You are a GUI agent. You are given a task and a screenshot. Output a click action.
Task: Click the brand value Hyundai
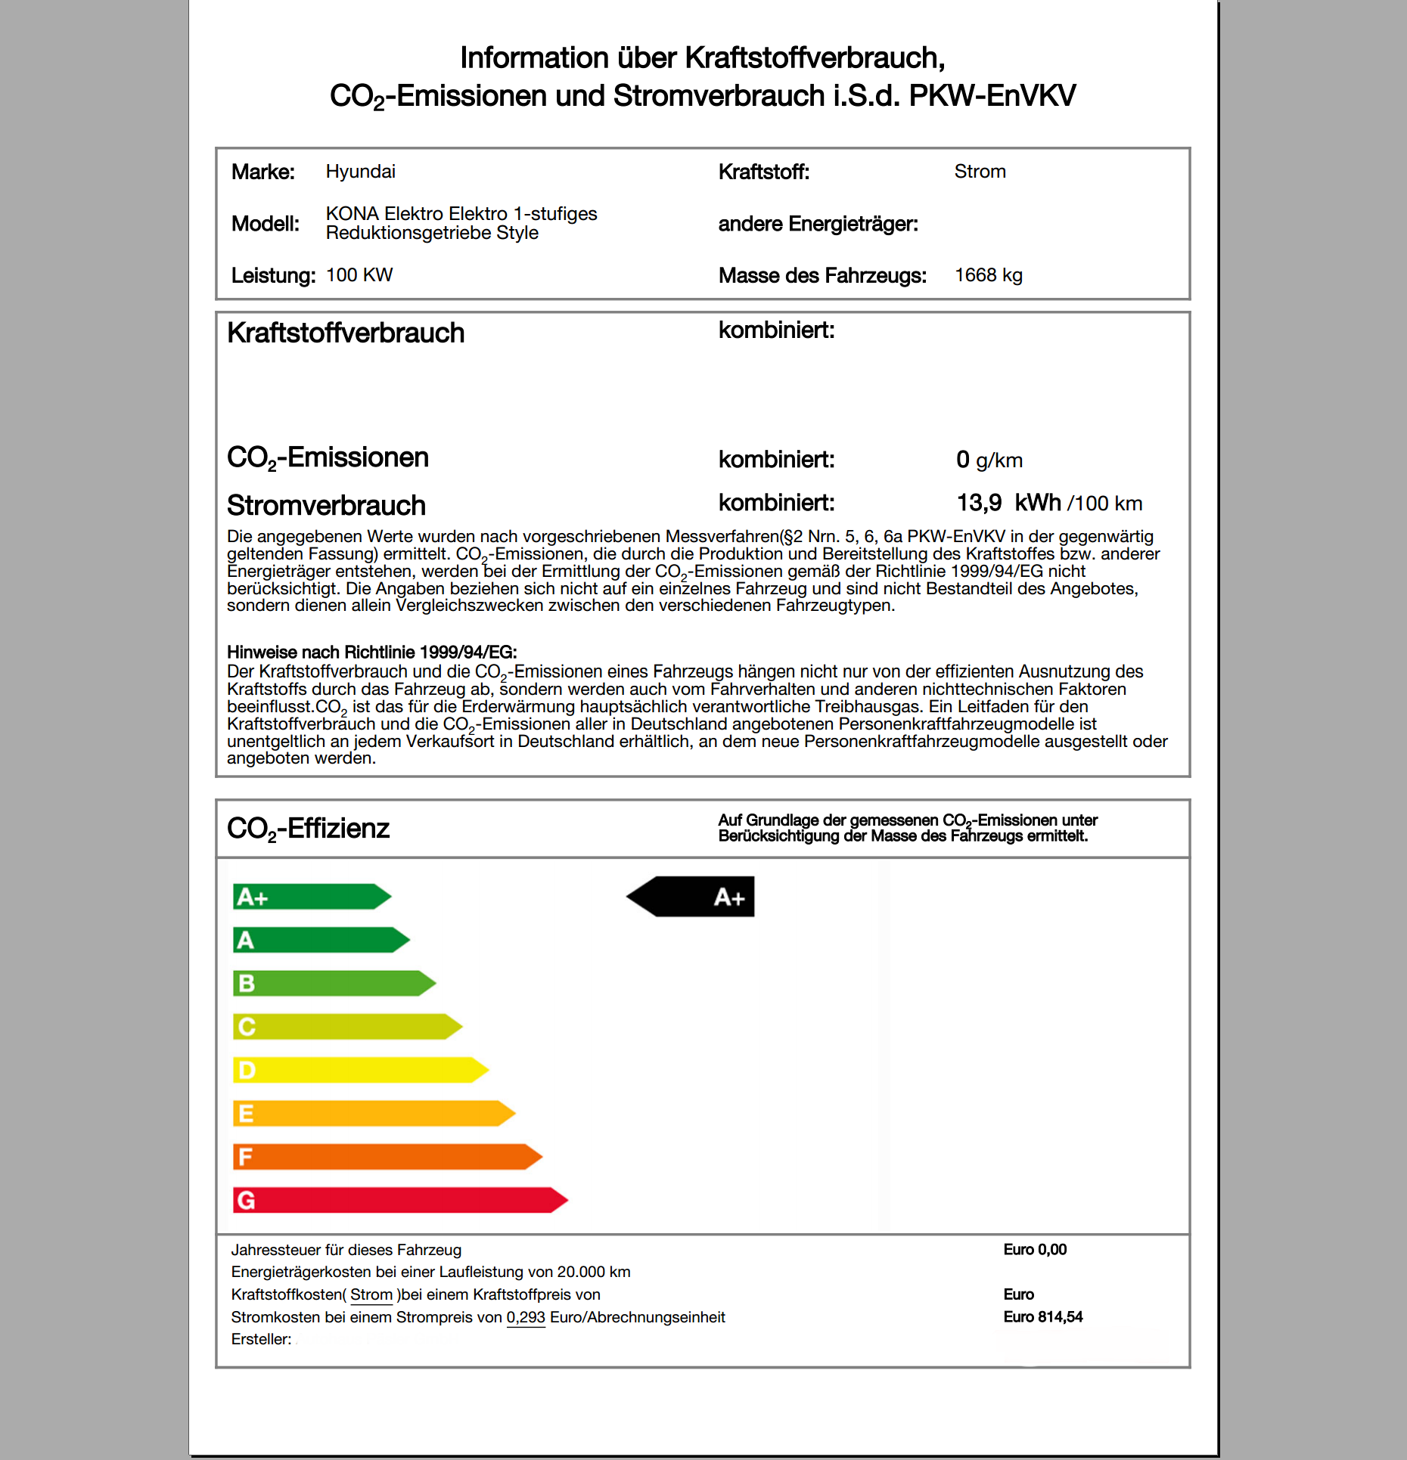pyautogui.click(x=360, y=172)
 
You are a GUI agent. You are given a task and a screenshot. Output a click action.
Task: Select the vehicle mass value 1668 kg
pyautogui.click(x=988, y=275)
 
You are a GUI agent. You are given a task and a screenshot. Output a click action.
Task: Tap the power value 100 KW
pyautogui.click(x=359, y=275)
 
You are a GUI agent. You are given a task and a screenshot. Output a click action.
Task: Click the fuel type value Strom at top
pyautogui.click(x=980, y=172)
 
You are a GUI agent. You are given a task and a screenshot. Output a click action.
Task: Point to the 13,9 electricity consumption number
pyautogui.click(x=979, y=503)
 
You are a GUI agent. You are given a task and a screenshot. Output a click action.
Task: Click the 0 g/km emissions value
pyautogui.click(x=989, y=460)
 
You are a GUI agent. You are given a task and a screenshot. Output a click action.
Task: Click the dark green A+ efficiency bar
pyautogui.click(x=310, y=897)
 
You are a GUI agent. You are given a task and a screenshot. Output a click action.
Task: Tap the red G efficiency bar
pyautogui.click(x=399, y=1200)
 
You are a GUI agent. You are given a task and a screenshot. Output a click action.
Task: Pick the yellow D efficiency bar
pyautogui.click(x=359, y=1070)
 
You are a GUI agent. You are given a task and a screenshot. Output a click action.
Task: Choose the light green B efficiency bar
pyautogui.click(x=333, y=984)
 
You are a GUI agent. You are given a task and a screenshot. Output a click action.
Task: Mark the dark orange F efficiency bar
pyautogui.click(x=386, y=1157)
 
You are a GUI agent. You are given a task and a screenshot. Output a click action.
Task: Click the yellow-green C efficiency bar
pyautogui.click(x=346, y=1027)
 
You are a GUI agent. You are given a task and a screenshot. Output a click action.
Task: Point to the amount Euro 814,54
pyautogui.click(x=1042, y=1317)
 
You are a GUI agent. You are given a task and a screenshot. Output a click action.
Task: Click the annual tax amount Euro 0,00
pyautogui.click(x=1035, y=1250)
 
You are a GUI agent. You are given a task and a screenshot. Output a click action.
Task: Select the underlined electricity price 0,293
pyautogui.click(x=526, y=1317)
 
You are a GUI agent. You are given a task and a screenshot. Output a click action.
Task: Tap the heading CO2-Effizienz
pyautogui.click(x=308, y=829)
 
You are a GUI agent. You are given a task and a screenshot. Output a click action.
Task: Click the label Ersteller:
pyautogui.click(x=261, y=1340)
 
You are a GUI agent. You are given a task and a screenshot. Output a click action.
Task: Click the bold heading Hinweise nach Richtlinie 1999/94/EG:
pyautogui.click(x=371, y=653)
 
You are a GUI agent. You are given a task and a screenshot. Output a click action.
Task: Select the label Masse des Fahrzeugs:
pyautogui.click(x=822, y=275)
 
